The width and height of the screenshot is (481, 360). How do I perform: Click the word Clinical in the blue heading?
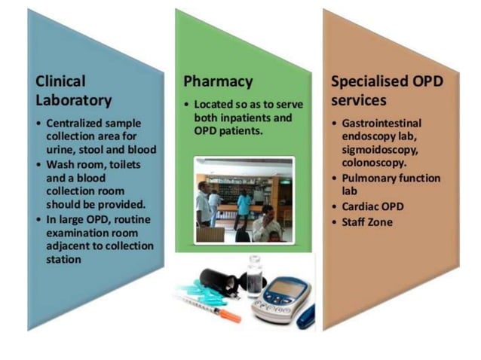(61, 81)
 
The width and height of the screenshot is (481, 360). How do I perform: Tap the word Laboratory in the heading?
(74, 100)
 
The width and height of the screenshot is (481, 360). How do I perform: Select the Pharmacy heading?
(218, 81)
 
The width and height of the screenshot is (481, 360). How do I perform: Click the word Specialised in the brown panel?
(369, 81)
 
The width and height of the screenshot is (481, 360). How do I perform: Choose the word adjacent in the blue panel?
(70, 246)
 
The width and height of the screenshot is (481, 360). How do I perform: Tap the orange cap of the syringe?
(231, 316)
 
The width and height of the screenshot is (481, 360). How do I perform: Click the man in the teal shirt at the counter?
(243, 204)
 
